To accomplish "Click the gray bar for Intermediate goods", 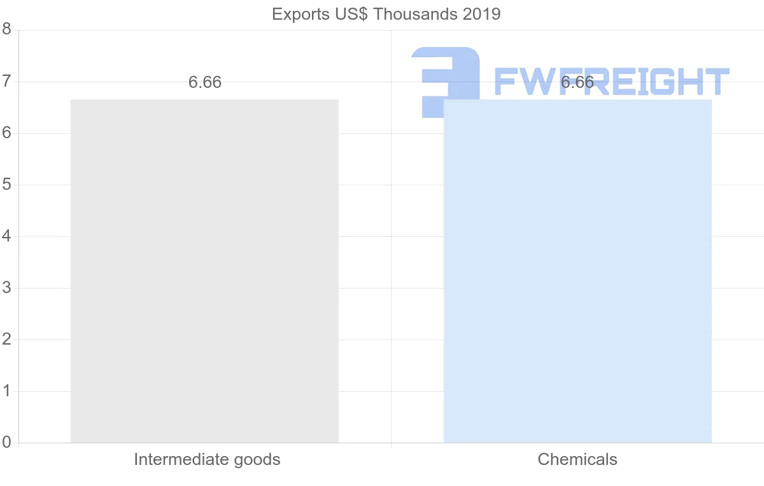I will click(204, 271).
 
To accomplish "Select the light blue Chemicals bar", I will click(577, 271).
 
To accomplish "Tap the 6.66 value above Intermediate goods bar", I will click(205, 83).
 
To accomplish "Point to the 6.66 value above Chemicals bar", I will click(577, 83).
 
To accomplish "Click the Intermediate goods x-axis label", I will click(207, 459).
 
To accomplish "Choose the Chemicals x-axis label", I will click(577, 459).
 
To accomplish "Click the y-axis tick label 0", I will click(6, 442).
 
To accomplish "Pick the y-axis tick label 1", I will click(6, 390).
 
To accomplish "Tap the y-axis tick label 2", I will click(6, 339).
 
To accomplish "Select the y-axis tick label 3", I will click(6, 287).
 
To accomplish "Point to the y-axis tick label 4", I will click(6, 236).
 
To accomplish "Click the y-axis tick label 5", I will click(6, 184).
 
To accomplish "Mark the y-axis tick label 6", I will click(6, 132).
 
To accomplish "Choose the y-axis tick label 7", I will click(6, 81).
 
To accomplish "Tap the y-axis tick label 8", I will click(6, 29).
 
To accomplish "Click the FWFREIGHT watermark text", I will click(611, 82).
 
